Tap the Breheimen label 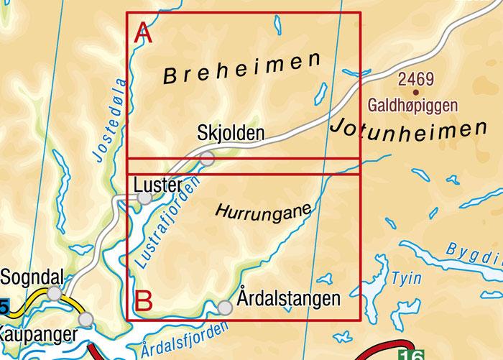241,68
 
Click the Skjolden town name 231,133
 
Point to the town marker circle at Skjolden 207,159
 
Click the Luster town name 159,184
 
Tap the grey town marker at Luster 144,198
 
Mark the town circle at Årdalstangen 225,308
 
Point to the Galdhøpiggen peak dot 415,92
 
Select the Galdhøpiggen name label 412,106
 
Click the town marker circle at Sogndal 54,292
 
